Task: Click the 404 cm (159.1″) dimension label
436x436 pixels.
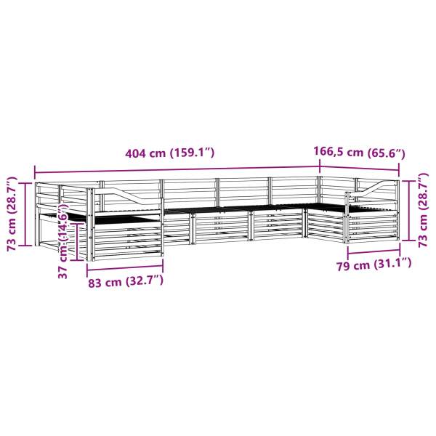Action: [x=170, y=153]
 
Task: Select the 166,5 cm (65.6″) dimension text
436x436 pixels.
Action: [x=359, y=152]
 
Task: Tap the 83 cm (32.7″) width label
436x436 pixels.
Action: [x=126, y=281]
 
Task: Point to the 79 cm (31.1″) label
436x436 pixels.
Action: [x=374, y=265]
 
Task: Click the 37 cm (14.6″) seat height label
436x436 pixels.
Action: [x=63, y=241]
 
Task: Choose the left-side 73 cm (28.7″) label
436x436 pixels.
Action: [x=12, y=214]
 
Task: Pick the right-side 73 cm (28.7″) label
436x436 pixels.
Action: [x=423, y=210]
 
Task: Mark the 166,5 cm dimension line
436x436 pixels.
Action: [x=360, y=169]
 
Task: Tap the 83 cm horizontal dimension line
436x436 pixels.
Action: [x=125, y=267]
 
